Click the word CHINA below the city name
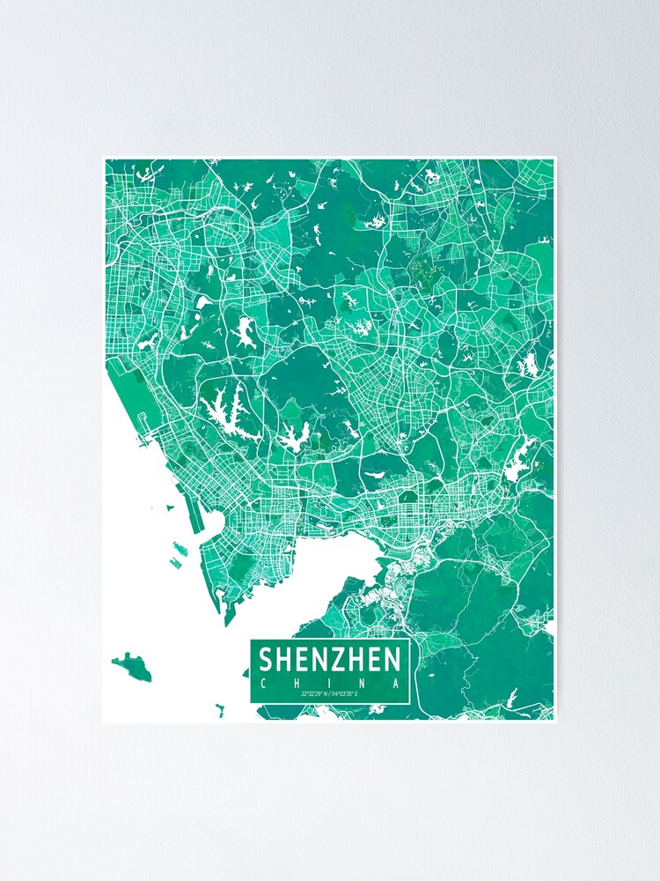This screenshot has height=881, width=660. [330, 683]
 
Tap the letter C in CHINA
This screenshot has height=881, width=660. [261, 683]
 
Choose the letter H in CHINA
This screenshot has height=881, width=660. [296, 683]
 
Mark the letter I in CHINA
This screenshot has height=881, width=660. [330, 683]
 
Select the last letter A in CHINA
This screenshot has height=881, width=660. [399, 683]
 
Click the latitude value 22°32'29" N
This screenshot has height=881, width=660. [313, 696]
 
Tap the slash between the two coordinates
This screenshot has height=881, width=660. [329, 696]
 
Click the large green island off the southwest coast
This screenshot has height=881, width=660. [132, 664]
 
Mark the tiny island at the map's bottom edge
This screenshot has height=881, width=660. [219, 707]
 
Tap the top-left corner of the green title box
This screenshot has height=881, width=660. [251, 640]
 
